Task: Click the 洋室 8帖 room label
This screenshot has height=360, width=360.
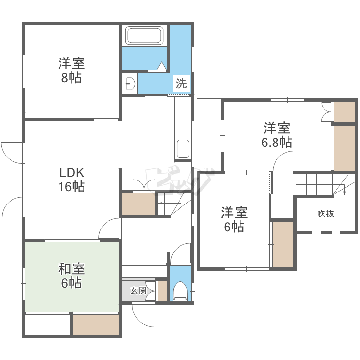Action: coord(71,70)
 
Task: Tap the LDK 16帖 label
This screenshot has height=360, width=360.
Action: coord(72,179)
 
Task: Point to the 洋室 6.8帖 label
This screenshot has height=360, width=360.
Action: coord(276,135)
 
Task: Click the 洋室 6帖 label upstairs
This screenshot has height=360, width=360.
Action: coord(234,219)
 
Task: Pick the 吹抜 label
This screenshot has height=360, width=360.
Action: coord(325,214)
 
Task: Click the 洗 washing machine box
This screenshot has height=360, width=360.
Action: coord(181,84)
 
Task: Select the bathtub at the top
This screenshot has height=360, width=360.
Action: coord(144,36)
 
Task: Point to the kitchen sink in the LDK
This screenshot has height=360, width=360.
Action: coord(183,148)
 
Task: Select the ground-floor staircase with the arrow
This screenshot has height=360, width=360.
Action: coord(175,204)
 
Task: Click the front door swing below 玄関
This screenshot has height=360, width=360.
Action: coord(144,317)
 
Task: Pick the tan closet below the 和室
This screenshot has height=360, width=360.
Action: coord(96,325)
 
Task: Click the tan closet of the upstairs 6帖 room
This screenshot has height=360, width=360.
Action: coord(282,244)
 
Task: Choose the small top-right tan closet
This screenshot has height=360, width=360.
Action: coord(344,112)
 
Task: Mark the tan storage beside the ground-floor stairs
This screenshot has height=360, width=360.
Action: coord(138,204)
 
